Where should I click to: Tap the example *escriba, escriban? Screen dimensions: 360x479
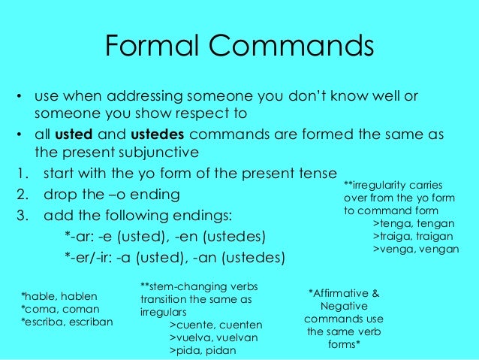click(x=68, y=322)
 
